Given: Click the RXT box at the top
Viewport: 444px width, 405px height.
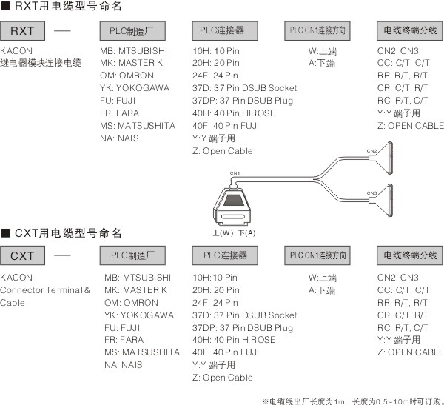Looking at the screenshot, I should [x=27, y=31].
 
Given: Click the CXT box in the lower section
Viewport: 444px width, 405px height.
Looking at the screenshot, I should [x=27, y=257].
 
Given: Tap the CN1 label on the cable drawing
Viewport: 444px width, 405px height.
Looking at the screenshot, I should [x=235, y=173].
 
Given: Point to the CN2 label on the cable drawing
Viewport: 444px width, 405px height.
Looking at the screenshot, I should [x=371, y=151].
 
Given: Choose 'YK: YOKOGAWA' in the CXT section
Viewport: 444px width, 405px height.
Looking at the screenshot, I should [x=138, y=315].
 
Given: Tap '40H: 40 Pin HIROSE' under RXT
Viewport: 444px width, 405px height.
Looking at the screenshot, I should [x=233, y=113].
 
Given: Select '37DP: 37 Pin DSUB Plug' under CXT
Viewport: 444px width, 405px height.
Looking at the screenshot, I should [x=242, y=327].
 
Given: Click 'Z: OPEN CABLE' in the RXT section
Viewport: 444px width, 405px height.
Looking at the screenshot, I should [x=410, y=126].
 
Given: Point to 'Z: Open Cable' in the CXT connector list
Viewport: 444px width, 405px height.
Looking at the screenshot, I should [x=222, y=378].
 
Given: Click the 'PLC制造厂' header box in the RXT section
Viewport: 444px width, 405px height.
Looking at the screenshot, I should [x=132, y=31].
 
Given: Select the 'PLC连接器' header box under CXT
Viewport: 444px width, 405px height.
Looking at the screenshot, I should [x=224, y=256].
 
